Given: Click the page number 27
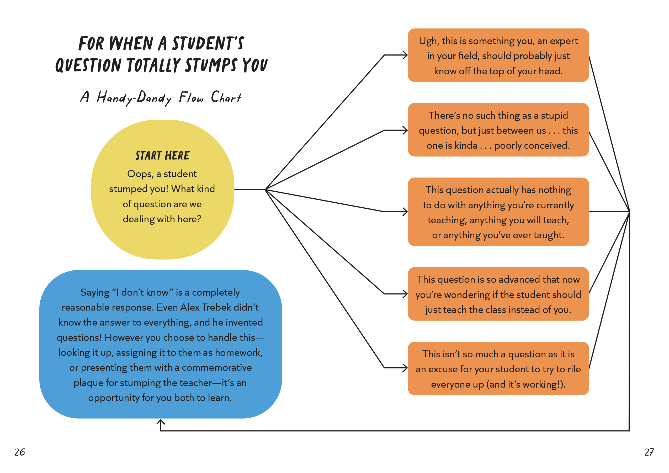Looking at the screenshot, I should [x=649, y=452].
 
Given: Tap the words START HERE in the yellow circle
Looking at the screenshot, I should [x=162, y=156].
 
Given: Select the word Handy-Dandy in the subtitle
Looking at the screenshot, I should [x=134, y=98].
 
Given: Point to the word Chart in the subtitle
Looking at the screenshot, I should [x=226, y=97].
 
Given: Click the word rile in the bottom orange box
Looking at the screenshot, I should [x=574, y=369].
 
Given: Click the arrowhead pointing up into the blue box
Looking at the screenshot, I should [x=161, y=422].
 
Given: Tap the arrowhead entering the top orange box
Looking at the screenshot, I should [x=405, y=55].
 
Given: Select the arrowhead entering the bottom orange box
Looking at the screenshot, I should [x=405, y=368].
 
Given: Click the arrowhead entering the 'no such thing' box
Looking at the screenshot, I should [x=405, y=130].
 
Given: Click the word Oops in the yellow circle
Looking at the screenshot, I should [x=140, y=174].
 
